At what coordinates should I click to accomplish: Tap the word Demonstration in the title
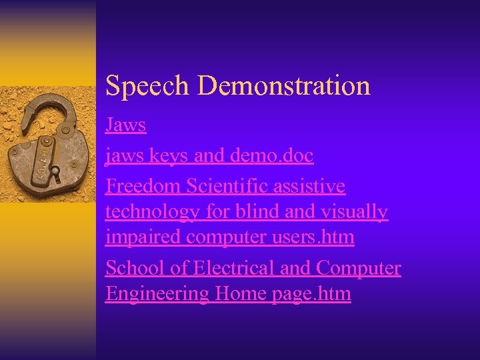click(284, 85)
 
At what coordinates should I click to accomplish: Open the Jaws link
click(125, 125)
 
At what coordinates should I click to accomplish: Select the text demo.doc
click(271, 155)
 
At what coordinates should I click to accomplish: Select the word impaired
click(143, 237)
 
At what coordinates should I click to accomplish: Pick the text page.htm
click(311, 294)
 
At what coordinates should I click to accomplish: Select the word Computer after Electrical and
click(359, 268)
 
